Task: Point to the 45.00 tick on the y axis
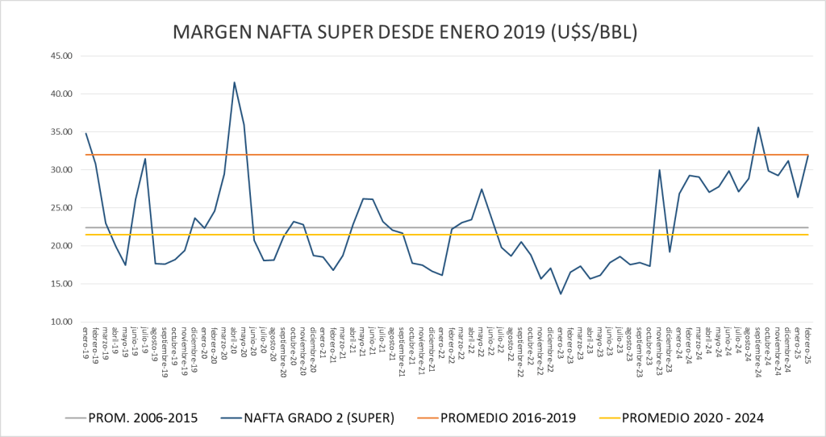tap(62, 56)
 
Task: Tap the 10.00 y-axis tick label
tap(62, 322)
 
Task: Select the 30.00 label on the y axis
tap(62, 170)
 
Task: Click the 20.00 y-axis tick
tap(62, 246)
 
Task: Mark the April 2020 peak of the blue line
tap(234, 82)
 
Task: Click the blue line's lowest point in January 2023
tap(561, 293)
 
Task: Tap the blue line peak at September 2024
tap(758, 127)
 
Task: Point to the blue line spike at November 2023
tap(659, 170)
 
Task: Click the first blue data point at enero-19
tap(86, 133)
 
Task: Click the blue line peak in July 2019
tap(145, 159)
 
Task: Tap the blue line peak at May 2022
tap(482, 189)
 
